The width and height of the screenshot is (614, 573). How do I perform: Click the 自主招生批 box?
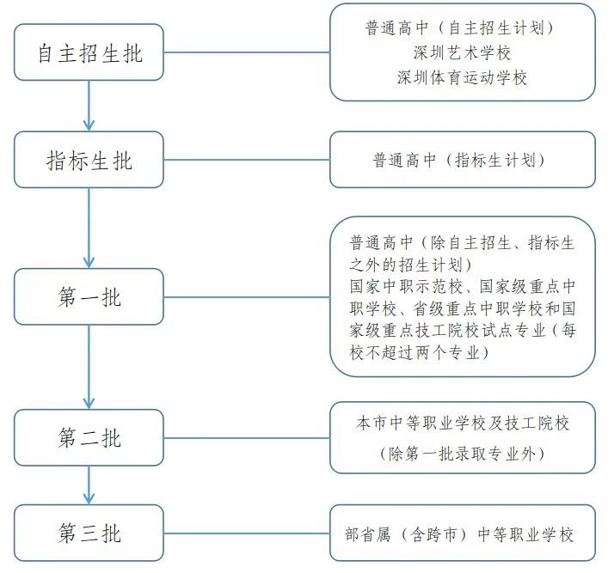[x=89, y=52]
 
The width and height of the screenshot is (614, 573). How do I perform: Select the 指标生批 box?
[x=89, y=160]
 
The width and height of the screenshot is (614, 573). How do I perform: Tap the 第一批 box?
[x=89, y=296]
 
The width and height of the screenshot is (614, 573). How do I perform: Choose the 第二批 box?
[x=89, y=437]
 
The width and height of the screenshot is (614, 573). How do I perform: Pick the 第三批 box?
[x=89, y=533]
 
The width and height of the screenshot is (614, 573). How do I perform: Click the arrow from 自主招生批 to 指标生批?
[x=89, y=106]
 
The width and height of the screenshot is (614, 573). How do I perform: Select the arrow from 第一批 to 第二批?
[x=89, y=367]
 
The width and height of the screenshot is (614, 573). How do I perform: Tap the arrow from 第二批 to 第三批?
[x=89, y=485]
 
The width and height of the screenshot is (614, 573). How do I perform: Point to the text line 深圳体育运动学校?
[x=462, y=77]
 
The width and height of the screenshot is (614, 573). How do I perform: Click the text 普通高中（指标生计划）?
[x=462, y=160]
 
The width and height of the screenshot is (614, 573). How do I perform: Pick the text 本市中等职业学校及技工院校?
[x=462, y=424]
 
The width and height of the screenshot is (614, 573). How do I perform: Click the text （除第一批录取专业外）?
[x=462, y=453]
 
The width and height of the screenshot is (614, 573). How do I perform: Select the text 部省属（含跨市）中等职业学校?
[x=462, y=534]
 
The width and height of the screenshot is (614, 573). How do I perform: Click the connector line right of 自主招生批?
[x=246, y=52]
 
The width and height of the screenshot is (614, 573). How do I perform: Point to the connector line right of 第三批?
[x=246, y=533]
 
